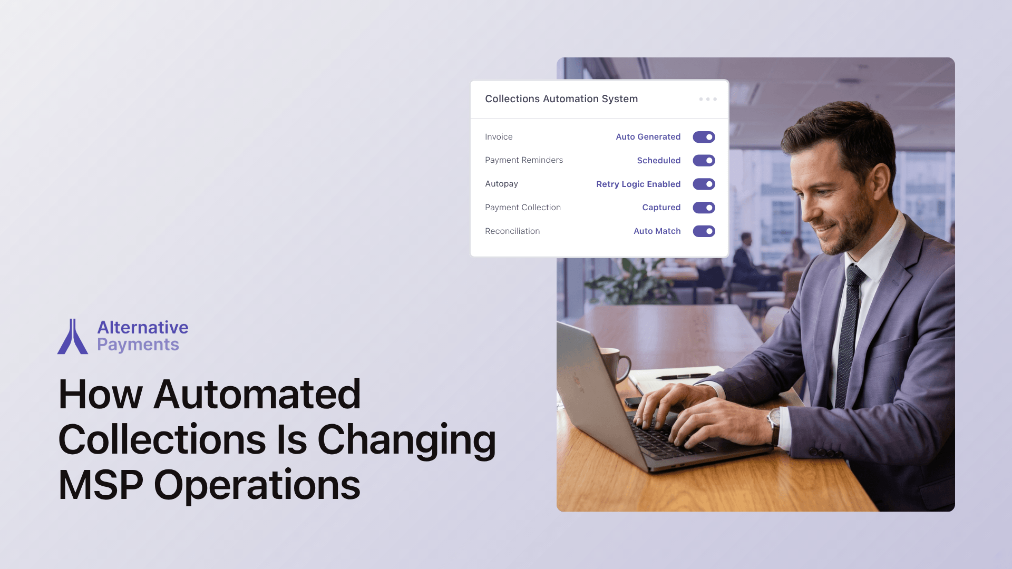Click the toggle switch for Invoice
(704, 137)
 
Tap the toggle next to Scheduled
(704, 160)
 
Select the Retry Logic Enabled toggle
(704, 184)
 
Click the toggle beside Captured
(704, 208)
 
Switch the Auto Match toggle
(704, 231)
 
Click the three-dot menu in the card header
(708, 99)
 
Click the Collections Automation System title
(561, 99)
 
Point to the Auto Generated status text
(648, 137)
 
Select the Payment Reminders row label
(524, 160)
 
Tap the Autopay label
(501, 184)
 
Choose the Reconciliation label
(512, 231)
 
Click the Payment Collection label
(523, 208)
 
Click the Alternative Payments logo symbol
(73, 337)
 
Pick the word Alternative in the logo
(143, 327)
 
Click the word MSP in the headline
(101, 485)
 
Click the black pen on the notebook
(682, 376)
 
